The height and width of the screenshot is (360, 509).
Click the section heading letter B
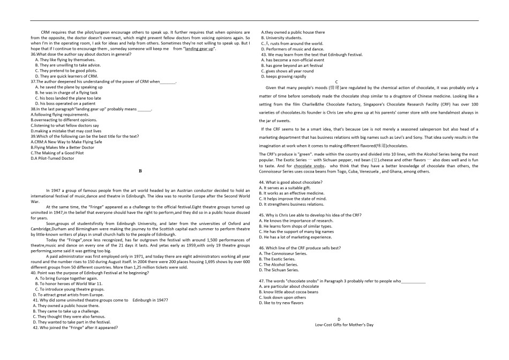click(x=140, y=171)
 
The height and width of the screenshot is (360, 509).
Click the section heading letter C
click(x=336, y=81)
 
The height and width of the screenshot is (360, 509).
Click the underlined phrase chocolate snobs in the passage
click(x=309, y=166)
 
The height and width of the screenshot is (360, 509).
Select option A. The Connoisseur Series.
click(x=282, y=253)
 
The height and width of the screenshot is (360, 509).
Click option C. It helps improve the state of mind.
click(x=293, y=198)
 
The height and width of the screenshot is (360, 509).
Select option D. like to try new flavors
click(x=284, y=303)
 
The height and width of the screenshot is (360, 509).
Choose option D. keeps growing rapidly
click(x=282, y=76)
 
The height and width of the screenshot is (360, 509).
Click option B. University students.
click(x=281, y=38)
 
